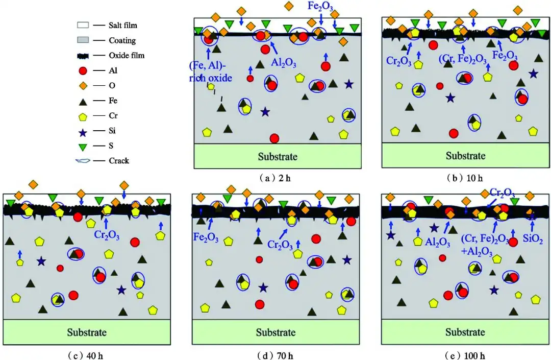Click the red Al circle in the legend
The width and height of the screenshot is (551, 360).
click(x=83, y=70)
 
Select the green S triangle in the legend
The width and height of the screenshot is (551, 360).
click(x=83, y=147)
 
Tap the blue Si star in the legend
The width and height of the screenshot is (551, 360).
click(x=83, y=132)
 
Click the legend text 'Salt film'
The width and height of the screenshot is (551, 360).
click(x=122, y=26)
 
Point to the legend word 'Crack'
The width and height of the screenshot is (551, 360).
click(x=119, y=161)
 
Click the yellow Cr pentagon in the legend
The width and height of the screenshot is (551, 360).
click(x=83, y=116)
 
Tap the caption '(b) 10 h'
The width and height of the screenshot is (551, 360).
click(x=465, y=178)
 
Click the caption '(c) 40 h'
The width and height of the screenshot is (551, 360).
click(x=86, y=355)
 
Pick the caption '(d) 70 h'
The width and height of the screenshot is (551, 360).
click(x=275, y=355)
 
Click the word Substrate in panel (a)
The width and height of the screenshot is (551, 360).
click(x=278, y=156)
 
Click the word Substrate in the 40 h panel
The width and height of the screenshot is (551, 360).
click(x=87, y=332)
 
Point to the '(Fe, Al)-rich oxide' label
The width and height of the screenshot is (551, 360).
click(x=211, y=71)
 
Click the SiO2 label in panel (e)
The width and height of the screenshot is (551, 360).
click(x=533, y=238)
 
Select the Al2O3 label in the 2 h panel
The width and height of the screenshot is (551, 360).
click(x=284, y=63)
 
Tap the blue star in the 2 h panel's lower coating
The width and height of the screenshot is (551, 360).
click(x=265, y=112)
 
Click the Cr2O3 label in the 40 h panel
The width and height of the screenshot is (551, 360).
click(x=107, y=235)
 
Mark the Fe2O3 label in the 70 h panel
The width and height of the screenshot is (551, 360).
click(x=206, y=237)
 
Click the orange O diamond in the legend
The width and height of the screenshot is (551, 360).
click(x=83, y=85)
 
